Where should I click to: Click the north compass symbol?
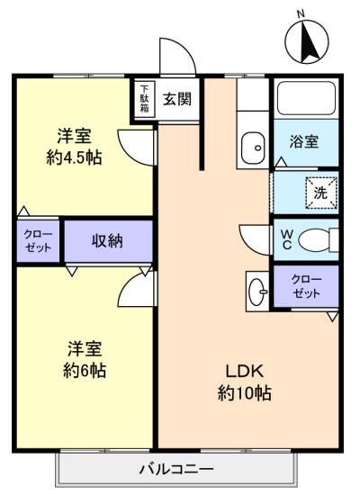(306, 40)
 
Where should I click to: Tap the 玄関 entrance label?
(176, 99)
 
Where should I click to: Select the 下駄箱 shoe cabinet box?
(144, 98)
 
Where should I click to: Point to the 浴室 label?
(303, 142)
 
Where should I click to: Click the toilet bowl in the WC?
(316, 240)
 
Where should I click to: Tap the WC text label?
(285, 240)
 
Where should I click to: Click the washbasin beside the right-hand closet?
(257, 290)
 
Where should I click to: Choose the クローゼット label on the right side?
(306, 286)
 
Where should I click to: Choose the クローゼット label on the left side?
(38, 240)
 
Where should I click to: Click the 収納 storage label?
(107, 240)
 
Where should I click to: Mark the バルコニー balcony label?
(176, 469)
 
